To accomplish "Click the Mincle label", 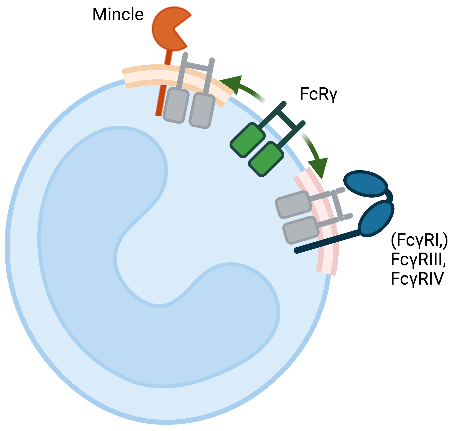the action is click(x=118, y=14).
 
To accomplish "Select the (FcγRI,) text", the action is click(x=419, y=240).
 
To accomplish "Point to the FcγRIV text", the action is click(x=417, y=278).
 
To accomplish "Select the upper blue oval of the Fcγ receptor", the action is click(x=366, y=183).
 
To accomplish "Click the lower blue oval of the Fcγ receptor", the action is click(x=376, y=218).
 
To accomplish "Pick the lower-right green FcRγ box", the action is click(x=266, y=159).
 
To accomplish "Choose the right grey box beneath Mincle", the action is click(x=202, y=111).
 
